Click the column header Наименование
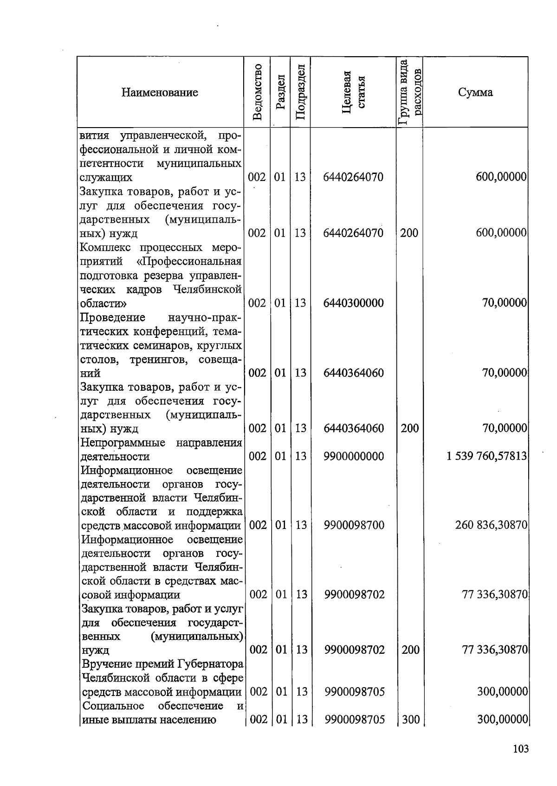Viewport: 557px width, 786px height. (160, 92)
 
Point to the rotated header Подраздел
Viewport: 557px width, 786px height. (300, 92)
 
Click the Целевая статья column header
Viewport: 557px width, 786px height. (354, 92)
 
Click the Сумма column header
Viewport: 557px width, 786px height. (475, 92)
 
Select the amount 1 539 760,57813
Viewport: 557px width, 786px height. (486, 456)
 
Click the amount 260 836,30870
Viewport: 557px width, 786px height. (491, 525)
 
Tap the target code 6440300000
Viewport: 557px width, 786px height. (353, 303)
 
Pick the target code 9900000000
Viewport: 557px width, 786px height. (354, 456)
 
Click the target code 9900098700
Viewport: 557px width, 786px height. (354, 525)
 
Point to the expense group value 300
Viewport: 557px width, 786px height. (410, 720)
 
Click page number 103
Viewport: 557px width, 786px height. (521, 748)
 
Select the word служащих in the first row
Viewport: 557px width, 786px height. (106, 177)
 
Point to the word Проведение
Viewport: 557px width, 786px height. (112, 317)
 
